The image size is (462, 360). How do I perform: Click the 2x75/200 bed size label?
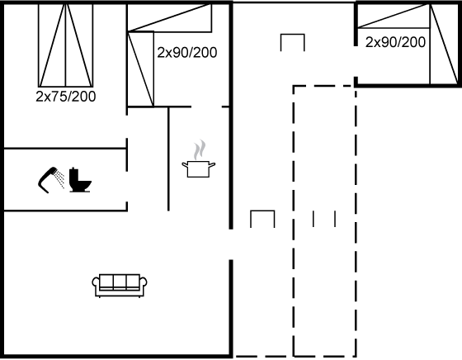pos(66,97)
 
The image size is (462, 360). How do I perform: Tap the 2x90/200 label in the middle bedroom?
pos(187,53)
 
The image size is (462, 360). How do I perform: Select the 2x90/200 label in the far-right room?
pos(395,42)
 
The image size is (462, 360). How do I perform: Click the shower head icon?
pos(50,180)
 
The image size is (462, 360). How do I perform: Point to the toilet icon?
pos(80,180)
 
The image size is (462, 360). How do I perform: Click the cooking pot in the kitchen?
pos(199,168)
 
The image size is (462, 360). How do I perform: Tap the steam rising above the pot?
pos(200,149)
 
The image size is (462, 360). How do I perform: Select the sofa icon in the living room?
pos(120,286)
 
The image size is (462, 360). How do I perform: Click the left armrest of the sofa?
pos(96,286)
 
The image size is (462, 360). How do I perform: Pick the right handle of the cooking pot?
pos(212,164)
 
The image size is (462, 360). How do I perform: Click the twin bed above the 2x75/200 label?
pos(66,45)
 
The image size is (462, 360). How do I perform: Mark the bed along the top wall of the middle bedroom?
pos(169,17)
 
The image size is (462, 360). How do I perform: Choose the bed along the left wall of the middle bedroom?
pos(140,69)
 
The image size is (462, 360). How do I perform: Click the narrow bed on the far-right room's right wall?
pos(444,45)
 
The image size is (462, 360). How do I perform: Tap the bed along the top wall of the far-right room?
pos(394,16)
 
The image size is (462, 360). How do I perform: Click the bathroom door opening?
pos(127,187)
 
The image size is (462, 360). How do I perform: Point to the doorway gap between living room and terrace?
pos(231,244)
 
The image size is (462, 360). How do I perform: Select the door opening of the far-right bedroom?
pos(356,61)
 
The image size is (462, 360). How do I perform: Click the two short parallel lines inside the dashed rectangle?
pos(324,219)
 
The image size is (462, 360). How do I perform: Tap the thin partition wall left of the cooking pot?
pos(168,159)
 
